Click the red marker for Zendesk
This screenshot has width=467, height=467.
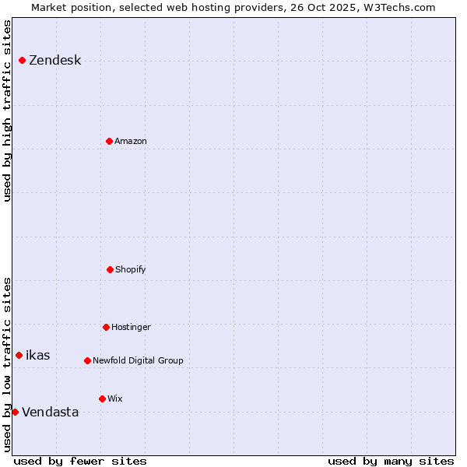[22, 60]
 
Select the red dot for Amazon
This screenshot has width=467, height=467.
[109, 141]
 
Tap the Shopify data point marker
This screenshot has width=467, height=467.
[110, 269]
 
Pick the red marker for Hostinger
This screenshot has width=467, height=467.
[106, 327]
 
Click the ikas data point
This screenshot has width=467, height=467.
[19, 355]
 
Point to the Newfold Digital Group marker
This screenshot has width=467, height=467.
[87, 360]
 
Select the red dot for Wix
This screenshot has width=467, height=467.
[102, 399]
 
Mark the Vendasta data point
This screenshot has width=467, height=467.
[15, 412]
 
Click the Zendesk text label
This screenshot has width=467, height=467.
[54, 61]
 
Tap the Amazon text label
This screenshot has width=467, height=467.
[130, 142]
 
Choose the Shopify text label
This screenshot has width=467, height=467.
[130, 270]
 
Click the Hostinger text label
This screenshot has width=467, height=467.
[131, 328]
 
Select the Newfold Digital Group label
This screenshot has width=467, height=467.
[138, 361]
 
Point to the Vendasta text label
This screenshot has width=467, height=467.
[50, 413]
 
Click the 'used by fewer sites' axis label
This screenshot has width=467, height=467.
[80, 461]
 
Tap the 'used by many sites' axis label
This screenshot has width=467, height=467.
[391, 461]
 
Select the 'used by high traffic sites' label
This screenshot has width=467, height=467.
[7, 110]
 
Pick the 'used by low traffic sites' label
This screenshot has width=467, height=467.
[7, 364]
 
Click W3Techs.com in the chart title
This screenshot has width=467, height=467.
[401, 7]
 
